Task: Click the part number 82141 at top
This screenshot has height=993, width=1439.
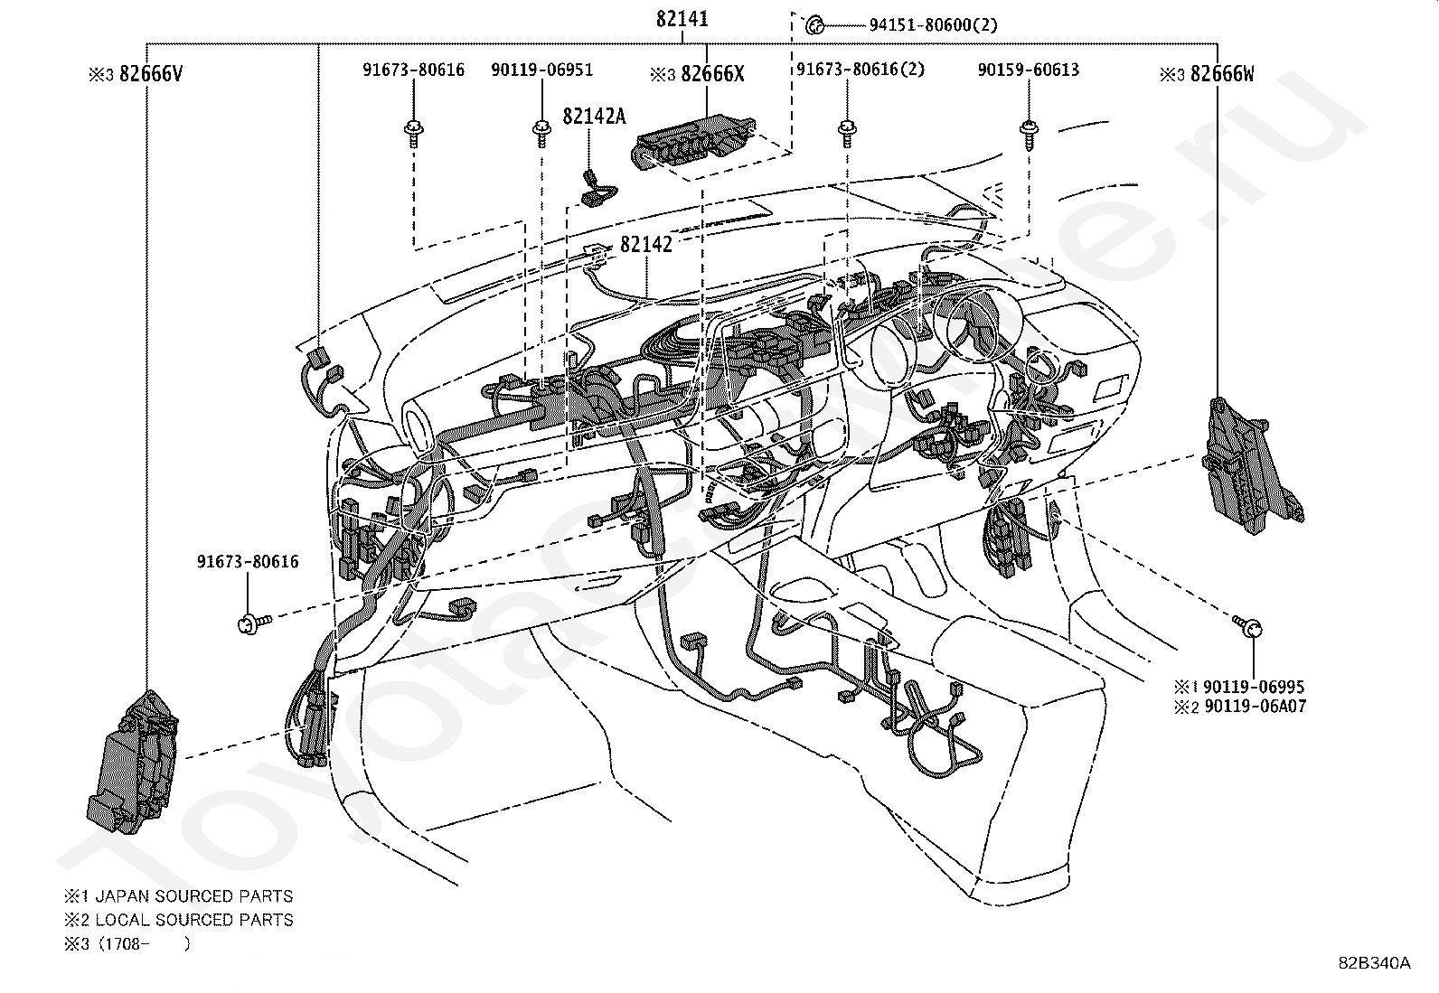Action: click(682, 19)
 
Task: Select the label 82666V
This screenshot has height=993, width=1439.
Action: click(150, 74)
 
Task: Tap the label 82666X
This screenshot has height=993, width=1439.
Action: click(712, 74)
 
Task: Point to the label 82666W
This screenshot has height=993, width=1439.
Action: click(1221, 74)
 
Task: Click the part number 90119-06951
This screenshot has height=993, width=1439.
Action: click(542, 70)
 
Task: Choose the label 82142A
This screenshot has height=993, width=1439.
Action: click(594, 116)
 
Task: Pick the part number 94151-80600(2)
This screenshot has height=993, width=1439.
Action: click(934, 25)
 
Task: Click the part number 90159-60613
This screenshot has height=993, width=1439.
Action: click(1028, 70)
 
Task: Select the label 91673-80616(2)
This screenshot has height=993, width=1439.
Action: click(861, 70)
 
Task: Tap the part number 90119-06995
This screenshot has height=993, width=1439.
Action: click(1253, 688)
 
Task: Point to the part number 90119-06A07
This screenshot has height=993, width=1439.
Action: click(1253, 707)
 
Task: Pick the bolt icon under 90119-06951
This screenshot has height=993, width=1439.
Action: click(541, 132)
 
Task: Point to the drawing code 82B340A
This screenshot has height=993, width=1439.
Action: click(1374, 963)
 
